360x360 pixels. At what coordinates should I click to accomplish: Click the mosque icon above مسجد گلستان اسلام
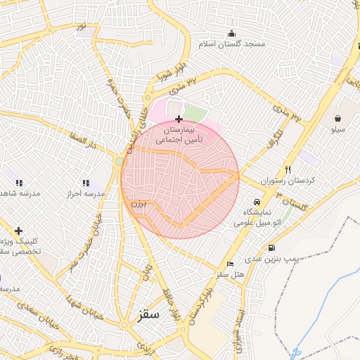coord(231,33)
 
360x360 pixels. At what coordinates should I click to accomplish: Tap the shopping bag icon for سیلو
coord(339,117)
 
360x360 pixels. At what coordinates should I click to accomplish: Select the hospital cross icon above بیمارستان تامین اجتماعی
coord(179,120)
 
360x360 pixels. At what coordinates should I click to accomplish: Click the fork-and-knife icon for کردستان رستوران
coord(288,169)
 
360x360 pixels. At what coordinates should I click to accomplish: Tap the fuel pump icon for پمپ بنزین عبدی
coord(271,247)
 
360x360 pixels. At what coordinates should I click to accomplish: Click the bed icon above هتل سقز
coord(231,264)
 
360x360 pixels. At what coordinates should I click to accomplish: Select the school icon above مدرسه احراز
coord(86,183)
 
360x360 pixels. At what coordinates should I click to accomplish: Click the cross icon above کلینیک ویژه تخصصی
coord(18,230)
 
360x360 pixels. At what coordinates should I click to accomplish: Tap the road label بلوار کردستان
coord(198,302)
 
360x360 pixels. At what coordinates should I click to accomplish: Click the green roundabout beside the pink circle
coord(120,162)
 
